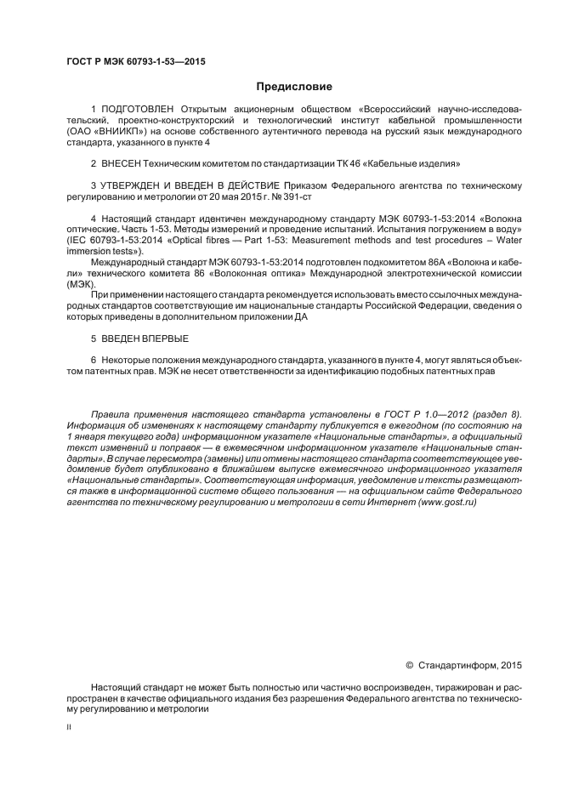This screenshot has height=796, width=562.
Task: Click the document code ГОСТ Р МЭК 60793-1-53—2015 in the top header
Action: click(x=136, y=62)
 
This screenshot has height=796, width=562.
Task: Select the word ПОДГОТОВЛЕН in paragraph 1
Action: click(x=137, y=110)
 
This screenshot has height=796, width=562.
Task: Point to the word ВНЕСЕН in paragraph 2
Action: click(x=122, y=162)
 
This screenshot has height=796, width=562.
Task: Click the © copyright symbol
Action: click(x=409, y=664)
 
